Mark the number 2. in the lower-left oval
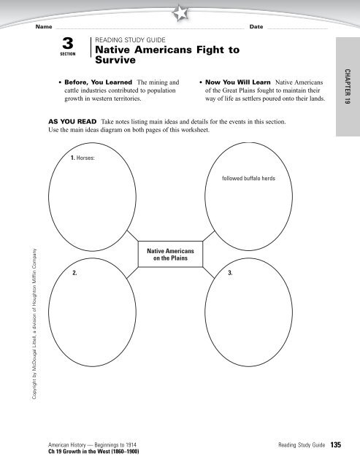[x=76, y=272]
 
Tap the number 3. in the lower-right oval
[x=230, y=272]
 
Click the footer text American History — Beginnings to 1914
[x=91, y=444]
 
